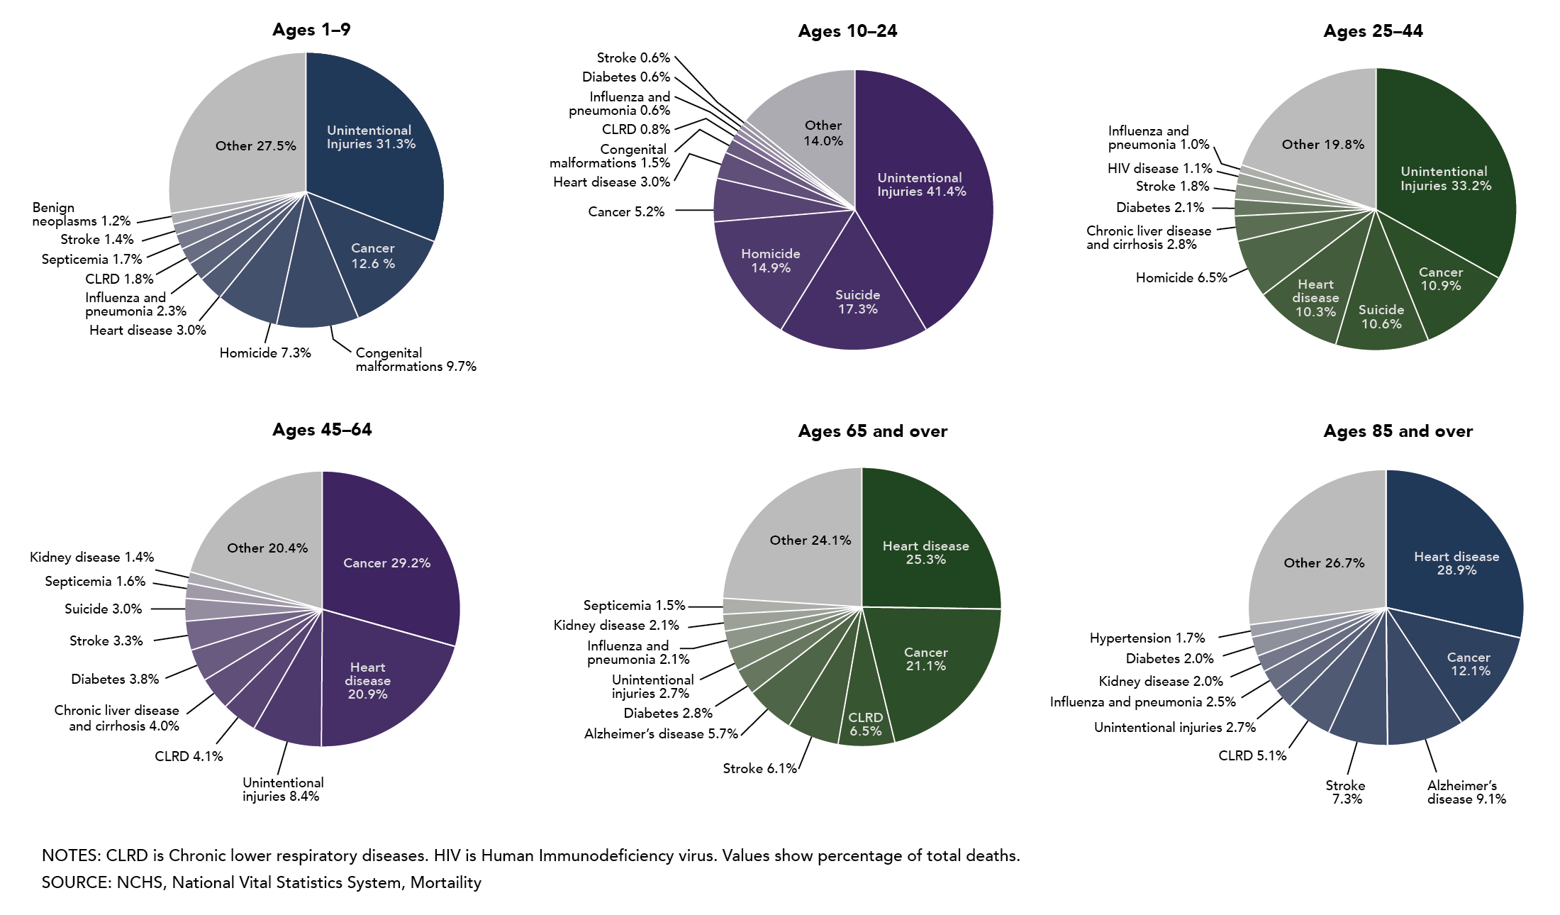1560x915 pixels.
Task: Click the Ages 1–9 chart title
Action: coord(311,30)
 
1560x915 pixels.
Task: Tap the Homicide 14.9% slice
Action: coord(770,261)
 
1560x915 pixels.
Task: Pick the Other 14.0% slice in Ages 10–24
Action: coord(823,133)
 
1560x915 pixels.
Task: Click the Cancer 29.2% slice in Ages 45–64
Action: coord(386,562)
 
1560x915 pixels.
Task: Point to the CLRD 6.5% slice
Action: coord(865,723)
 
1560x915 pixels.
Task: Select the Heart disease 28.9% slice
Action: coord(1456,563)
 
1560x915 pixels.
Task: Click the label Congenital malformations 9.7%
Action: coord(415,360)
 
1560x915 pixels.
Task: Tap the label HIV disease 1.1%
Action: coord(1159,169)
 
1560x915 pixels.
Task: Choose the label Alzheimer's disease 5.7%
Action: coord(660,734)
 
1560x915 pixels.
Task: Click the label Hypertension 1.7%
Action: coord(1147,638)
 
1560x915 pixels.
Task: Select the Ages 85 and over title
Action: coord(1398,431)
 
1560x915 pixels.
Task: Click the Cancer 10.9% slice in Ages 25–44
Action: coord(1440,279)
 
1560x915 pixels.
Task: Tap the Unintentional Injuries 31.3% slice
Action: coord(370,137)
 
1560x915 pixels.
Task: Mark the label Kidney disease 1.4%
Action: coord(91,558)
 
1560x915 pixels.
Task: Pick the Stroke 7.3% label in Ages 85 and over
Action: coord(1346,792)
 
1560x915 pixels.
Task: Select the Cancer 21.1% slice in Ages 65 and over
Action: coord(925,659)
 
